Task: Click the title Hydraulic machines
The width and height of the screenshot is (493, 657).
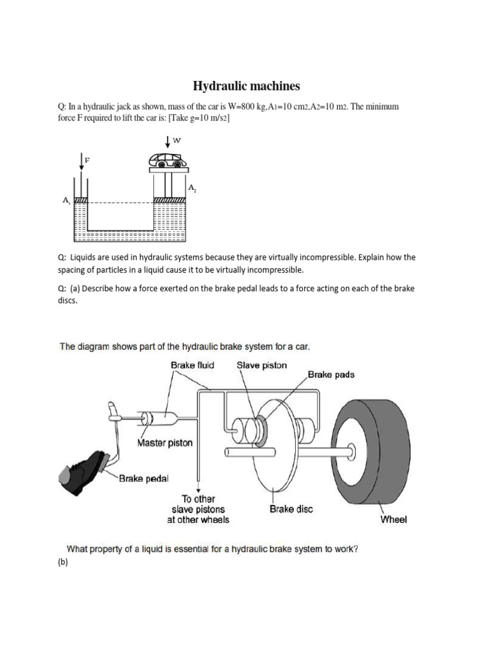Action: (246, 86)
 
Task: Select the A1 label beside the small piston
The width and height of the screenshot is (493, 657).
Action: (66, 200)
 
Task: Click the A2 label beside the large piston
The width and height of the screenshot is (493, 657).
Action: (191, 188)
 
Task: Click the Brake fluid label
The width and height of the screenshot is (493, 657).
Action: (192, 365)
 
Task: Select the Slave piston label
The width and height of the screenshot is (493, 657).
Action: (262, 365)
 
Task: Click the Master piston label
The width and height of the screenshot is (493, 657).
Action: (164, 443)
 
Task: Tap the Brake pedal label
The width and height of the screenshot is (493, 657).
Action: (144, 477)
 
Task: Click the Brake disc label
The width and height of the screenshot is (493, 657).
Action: (291, 509)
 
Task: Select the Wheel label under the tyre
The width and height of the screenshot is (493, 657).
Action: (394, 519)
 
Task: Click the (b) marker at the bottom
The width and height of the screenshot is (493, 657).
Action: (63, 563)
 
